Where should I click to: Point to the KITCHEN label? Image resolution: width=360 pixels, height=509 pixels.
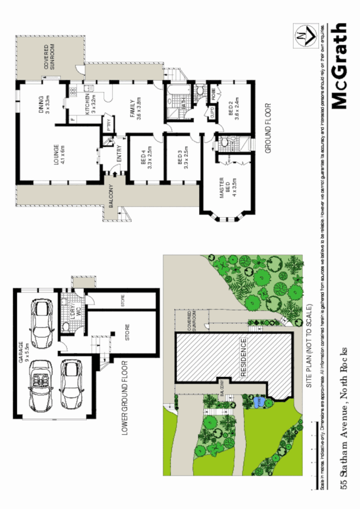pyautogui.click(x=91, y=104)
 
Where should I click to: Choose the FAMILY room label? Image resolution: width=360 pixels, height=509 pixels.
pyautogui.click(x=134, y=108)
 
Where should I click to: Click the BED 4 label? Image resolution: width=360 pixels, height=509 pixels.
pyautogui.click(x=147, y=158)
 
